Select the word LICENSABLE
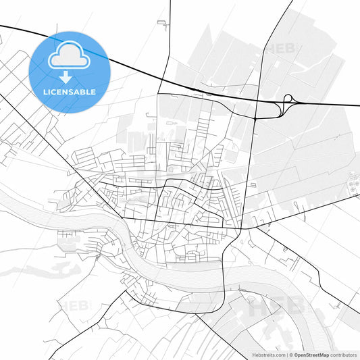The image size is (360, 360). [70, 91]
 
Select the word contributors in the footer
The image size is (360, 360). [343, 354]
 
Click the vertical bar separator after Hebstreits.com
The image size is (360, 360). [286, 354]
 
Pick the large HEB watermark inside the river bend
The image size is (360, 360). [277, 306]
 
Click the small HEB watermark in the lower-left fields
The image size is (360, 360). [74, 306]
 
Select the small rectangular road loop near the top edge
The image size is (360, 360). [162, 24]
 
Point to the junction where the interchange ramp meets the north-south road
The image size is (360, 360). [256, 117]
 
